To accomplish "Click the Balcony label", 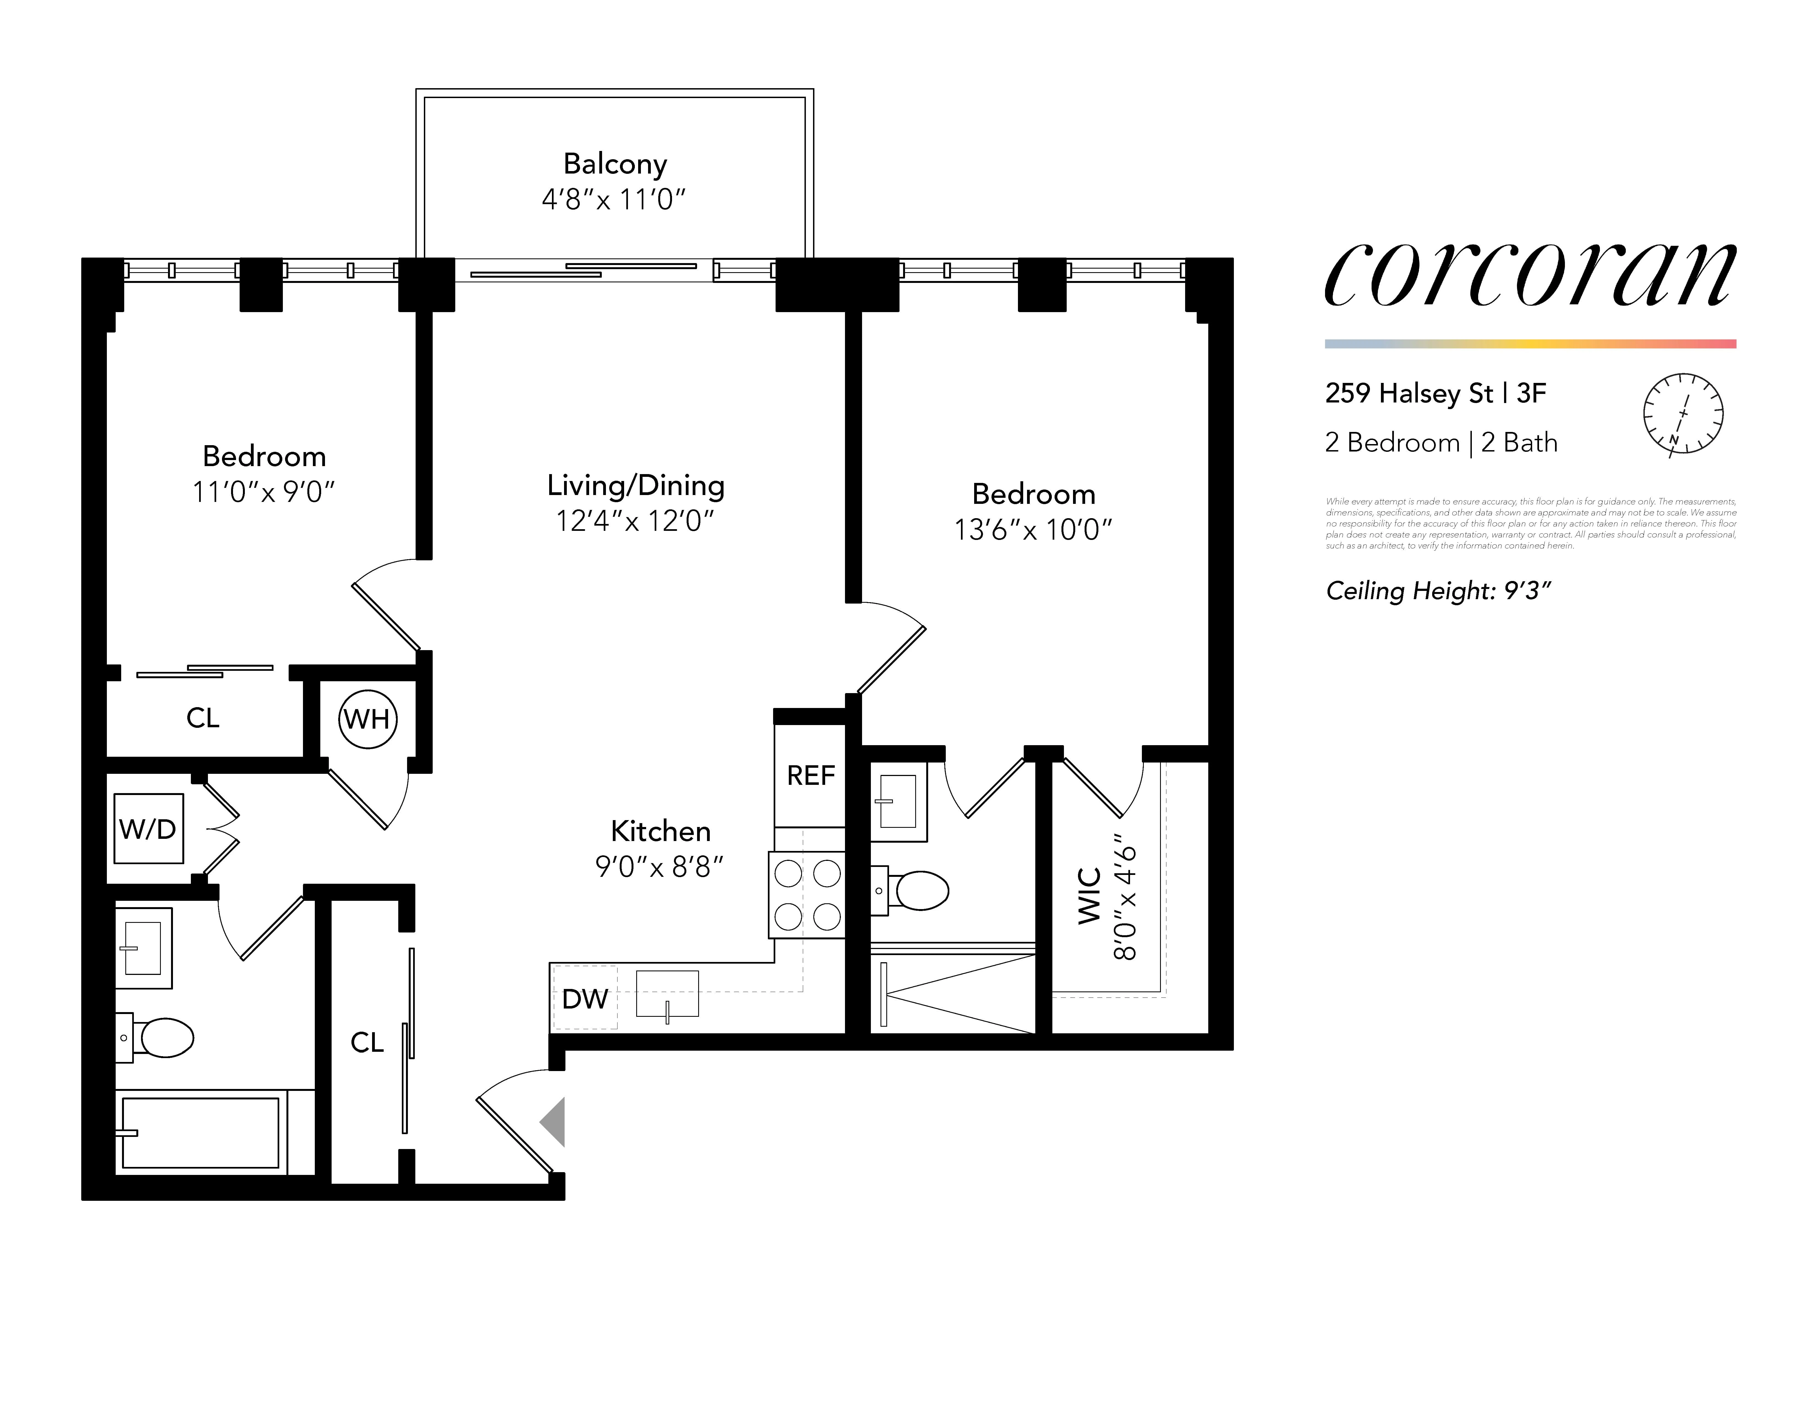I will [x=615, y=164].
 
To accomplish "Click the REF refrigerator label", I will [x=810, y=775].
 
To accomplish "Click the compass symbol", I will [x=1683, y=413].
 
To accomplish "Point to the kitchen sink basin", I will [x=667, y=993].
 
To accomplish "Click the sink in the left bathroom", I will [x=143, y=948].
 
